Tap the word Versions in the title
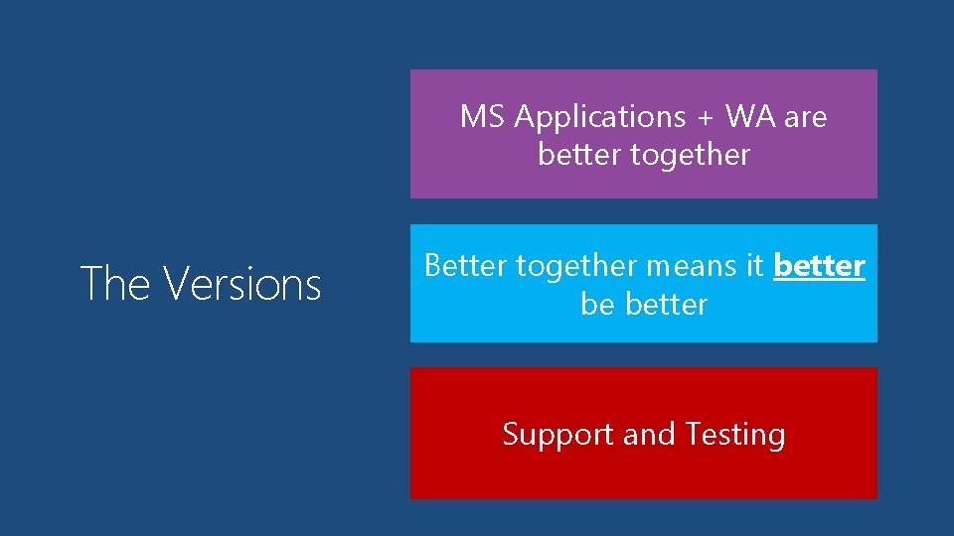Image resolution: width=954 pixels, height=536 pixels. (x=242, y=284)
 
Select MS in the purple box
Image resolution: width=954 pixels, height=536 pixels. (x=483, y=117)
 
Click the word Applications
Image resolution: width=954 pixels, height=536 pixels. (x=600, y=117)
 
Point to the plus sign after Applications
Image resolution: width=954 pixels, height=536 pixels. (x=705, y=117)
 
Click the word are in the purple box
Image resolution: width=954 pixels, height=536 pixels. (x=805, y=117)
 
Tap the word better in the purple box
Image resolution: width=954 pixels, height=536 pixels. (x=572, y=155)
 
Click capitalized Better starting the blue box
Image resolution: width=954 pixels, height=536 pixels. (x=465, y=266)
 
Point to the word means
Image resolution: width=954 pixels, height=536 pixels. (x=694, y=266)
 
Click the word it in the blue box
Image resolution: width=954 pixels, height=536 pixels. (x=754, y=266)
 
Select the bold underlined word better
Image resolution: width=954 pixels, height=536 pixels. (x=819, y=266)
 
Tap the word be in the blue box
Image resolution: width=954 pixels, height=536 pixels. (x=597, y=304)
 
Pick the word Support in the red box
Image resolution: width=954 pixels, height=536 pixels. (x=557, y=435)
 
